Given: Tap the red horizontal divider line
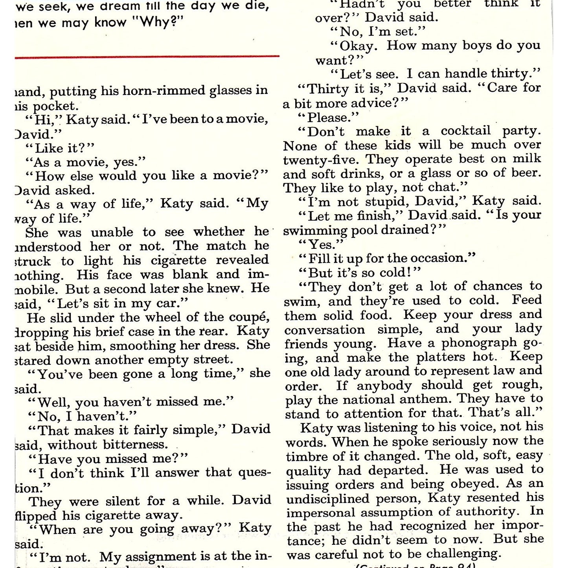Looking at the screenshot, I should (x=147, y=57).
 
